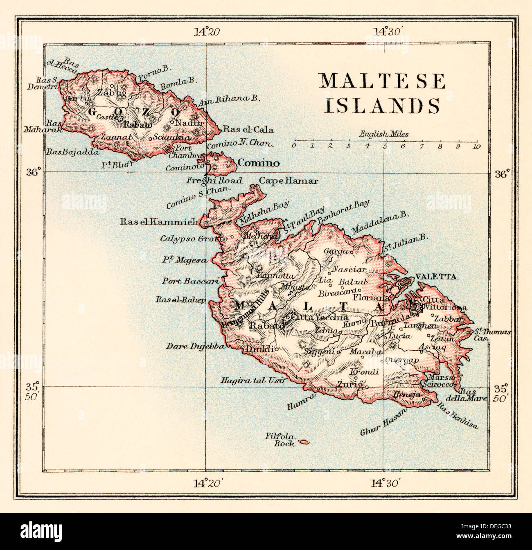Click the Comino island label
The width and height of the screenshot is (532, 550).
(x=259, y=164)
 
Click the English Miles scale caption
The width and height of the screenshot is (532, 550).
(x=384, y=134)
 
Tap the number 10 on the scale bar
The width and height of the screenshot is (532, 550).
(x=476, y=146)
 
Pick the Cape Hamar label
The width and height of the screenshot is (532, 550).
(x=289, y=181)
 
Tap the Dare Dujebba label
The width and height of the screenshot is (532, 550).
(x=195, y=347)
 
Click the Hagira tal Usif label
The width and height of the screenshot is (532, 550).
(x=252, y=380)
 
